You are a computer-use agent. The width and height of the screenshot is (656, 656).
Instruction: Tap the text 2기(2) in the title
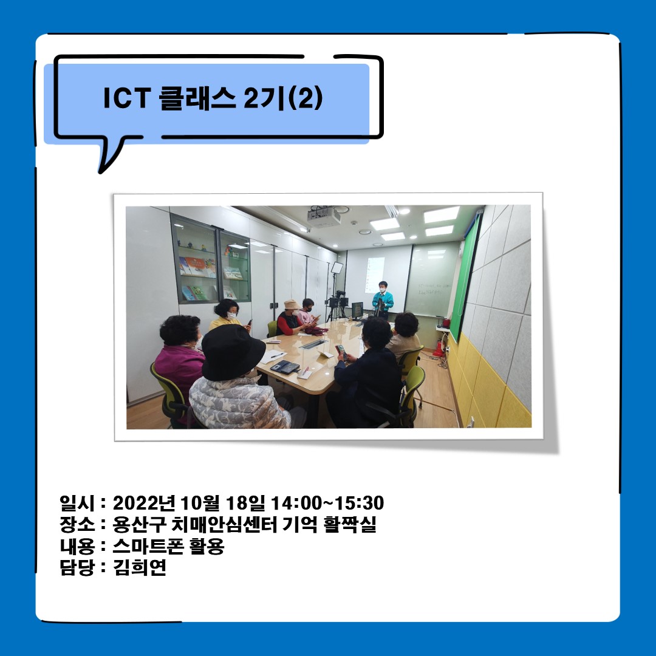click(283, 98)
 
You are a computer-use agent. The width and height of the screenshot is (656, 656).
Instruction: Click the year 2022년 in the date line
click(145, 504)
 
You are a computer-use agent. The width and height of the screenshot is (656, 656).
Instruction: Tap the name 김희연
click(140, 569)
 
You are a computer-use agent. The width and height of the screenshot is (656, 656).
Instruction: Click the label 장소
click(75, 525)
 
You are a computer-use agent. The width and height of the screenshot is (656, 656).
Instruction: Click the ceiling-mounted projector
click(324, 216)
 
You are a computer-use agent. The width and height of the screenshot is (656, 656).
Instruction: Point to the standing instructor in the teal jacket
click(382, 299)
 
